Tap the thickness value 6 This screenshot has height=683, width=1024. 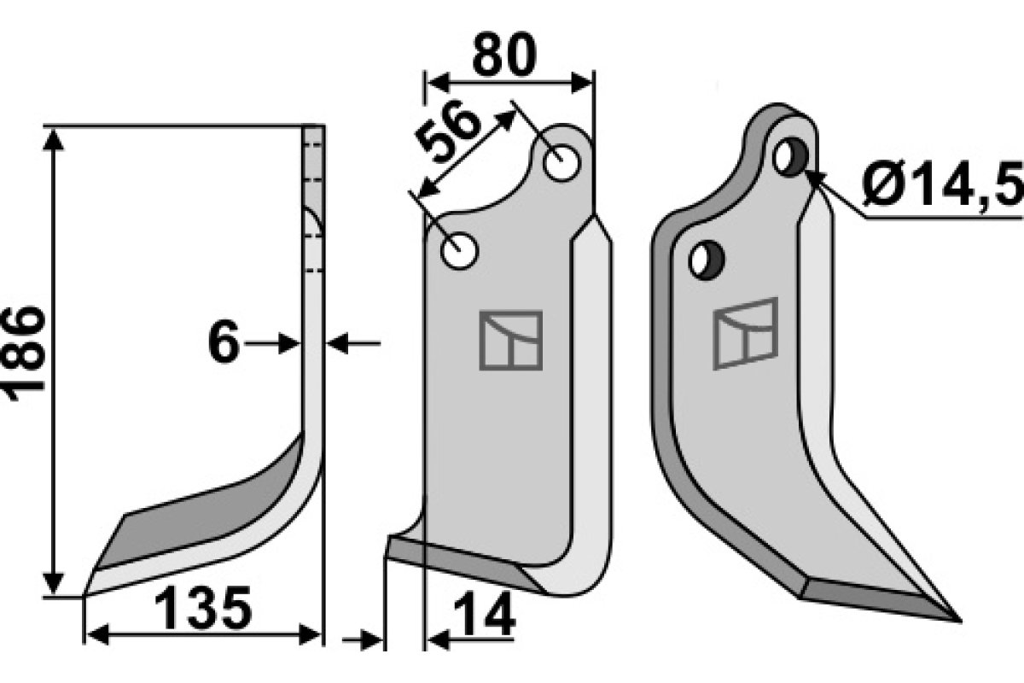click(224, 343)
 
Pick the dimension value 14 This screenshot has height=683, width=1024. click(484, 616)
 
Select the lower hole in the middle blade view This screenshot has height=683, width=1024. click(459, 252)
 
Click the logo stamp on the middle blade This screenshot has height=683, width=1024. click(510, 340)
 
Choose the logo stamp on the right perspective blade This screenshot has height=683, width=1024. click(745, 333)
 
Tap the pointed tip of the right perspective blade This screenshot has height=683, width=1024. click(957, 619)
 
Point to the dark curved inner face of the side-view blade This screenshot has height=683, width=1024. click(213, 504)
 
